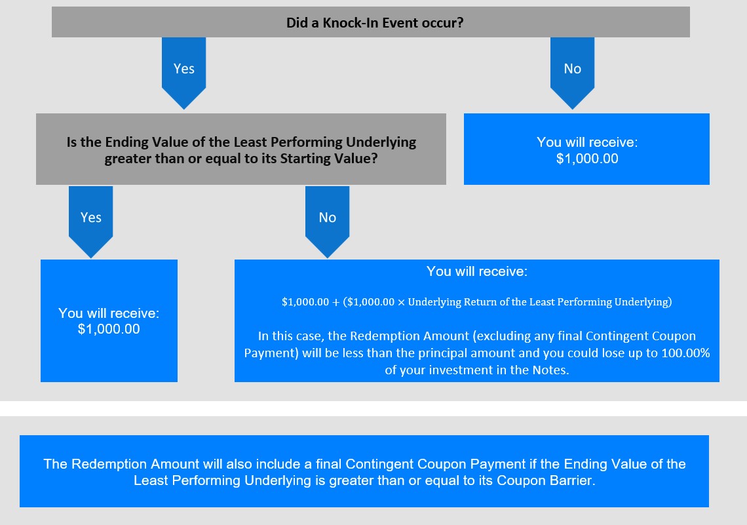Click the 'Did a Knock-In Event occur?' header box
tap(371, 22)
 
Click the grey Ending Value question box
tap(241, 149)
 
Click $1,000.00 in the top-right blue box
tap(587, 159)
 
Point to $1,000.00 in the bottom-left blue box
tap(109, 329)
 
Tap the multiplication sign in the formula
tap(401, 302)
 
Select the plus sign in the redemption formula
tap(336, 302)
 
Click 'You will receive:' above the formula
tap(477, 271)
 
